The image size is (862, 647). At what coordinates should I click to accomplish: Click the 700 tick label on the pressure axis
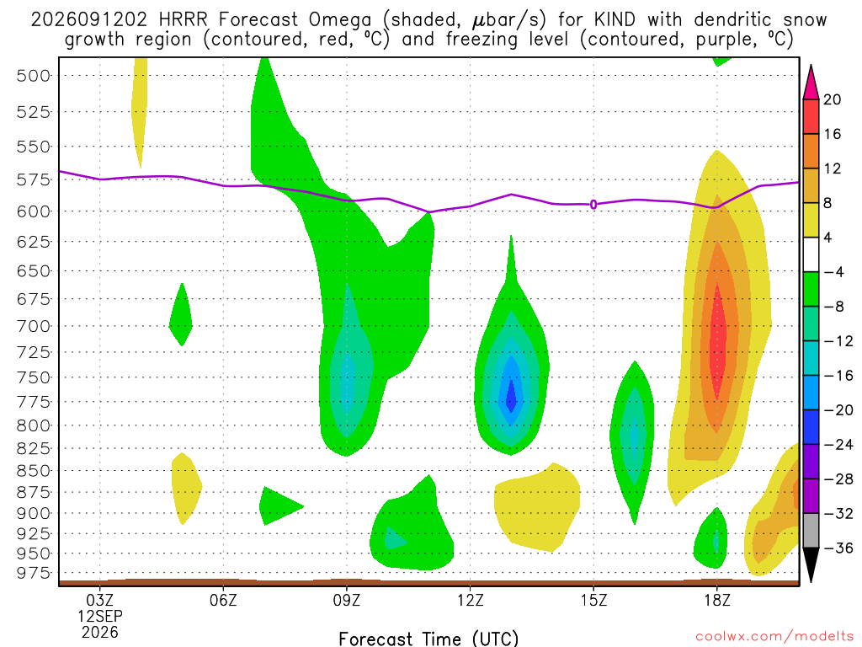(x=33, y=326)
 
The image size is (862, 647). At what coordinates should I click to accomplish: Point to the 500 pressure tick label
(x=33, y=75)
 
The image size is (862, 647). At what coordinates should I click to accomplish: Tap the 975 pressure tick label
(x=33, y=573)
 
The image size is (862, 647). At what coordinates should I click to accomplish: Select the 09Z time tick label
(x=346, y=600)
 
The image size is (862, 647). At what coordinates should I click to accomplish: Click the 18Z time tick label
(x=717, y=600)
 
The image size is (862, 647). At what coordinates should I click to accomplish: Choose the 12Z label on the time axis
(x=470, y=600)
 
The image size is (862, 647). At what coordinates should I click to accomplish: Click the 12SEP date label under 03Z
(x=99, y=616)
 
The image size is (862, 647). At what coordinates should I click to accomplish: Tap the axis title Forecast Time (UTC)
(x=428, y=639)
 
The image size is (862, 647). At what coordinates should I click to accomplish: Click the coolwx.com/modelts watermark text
(x=774, y=636)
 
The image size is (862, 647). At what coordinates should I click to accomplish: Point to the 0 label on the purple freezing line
(x=593, y=205)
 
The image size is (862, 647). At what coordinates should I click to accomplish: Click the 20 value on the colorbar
(x=832, y=99)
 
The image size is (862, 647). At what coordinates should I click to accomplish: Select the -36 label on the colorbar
(x=838, y=548)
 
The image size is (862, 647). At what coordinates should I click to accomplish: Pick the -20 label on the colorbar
(x=838, y=410)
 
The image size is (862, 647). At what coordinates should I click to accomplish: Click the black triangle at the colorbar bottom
(x=811, y=564)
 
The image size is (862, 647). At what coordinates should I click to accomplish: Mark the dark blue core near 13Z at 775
(x=511, y=396)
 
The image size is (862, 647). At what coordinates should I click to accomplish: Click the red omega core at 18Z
(x=717, y=341)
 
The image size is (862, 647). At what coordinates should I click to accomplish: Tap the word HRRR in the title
(x=183, y=20)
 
